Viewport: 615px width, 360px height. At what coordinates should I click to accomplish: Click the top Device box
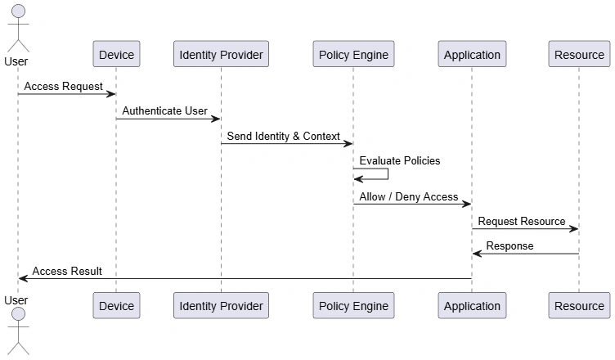(x=116, y=54)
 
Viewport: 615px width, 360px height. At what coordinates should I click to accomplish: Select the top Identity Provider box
(x=221, y=54)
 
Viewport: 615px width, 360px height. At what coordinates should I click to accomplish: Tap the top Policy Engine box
(x=353, y=54)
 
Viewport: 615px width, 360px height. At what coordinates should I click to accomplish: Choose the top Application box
(x=472, y=54)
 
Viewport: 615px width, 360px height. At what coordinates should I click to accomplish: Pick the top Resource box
(x=579, y=54)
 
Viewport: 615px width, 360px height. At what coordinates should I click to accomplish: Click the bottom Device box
(x=116, y=305)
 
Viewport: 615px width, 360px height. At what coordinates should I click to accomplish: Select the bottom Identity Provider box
(x=221, y=305)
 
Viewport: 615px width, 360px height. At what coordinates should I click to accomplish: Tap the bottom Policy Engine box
(x=353, y=305)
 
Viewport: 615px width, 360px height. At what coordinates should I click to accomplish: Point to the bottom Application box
(x=472, y=305)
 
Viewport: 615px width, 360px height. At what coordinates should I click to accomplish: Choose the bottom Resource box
(x=579, y=305)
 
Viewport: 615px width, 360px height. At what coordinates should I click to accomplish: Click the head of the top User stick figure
(x=19, y=11)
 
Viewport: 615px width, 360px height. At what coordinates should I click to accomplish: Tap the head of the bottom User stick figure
(x=19, y=314)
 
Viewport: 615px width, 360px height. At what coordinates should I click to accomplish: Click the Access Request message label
(x=64, y=87)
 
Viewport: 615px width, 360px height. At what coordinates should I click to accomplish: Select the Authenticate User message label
(x=164, y=111)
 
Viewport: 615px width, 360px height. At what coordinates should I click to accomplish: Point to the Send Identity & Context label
(x=283, y=136)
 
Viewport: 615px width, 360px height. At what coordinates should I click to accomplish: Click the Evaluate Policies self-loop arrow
(x=388, y=174)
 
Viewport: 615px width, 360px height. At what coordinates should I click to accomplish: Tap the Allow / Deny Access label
(x=409, y=196)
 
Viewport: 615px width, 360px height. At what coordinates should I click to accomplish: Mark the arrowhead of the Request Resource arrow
(x=574, y=228)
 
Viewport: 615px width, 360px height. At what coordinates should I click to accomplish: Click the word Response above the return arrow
(x=510, y=246)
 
